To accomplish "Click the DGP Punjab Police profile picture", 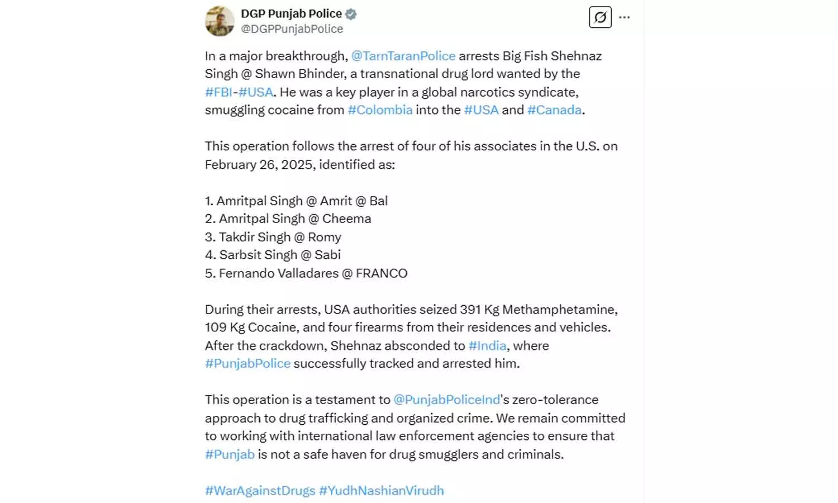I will point(220,21).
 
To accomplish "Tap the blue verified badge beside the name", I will point(351,14).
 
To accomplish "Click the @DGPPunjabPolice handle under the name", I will point(292,29).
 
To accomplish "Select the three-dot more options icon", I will point(625,17).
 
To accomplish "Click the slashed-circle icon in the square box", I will point(600,17).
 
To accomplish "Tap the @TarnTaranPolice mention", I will point(403,56).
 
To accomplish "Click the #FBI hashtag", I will point(218,92).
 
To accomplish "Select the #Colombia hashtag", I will point(380,110).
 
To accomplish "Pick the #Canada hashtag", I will point(554,110).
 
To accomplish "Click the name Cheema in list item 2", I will point(346,219).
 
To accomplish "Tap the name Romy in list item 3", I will point(324,237).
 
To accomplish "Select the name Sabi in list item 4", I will point(327,255).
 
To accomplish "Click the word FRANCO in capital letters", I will point(382,273).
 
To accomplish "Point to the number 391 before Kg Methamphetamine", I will point(470,310).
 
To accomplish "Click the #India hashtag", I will point(487,346).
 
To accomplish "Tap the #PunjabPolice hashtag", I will point(247,364).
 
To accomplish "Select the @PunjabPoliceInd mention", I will point(446,400).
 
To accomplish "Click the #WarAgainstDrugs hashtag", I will point(260,491).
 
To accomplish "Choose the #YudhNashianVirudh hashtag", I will point(381,491).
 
